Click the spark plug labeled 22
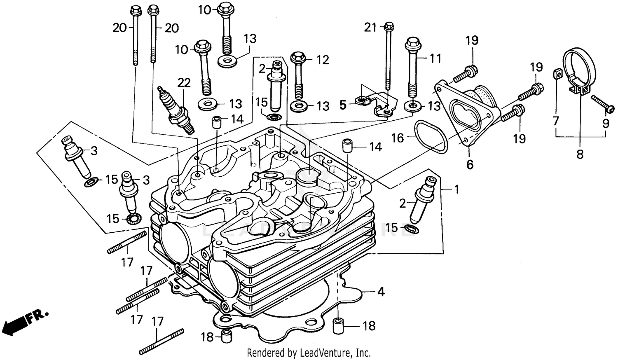click(x=176, y=108)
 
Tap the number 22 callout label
click(x=184, y=83)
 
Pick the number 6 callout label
click(x=470, y=164)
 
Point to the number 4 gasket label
click(x=381, y=292)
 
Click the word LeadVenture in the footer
click(x=325, y=353)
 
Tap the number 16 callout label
click(x=398, y=138)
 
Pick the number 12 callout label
click(x=323, y=60)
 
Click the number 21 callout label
click(x=370, y=28)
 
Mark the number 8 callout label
click(x=580, y=154)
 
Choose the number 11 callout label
click(x=435, y=58)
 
